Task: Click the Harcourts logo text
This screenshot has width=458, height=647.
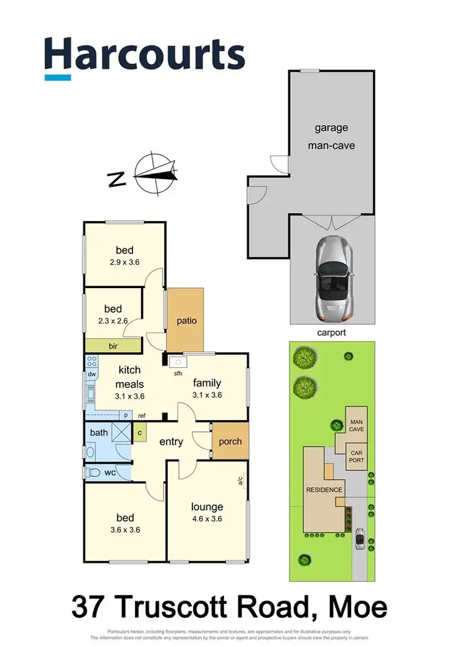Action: click(x=145, y=55)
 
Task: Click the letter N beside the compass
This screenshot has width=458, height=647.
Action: click(x=117, y=179)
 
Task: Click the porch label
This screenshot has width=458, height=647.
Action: click(x=230, y=441)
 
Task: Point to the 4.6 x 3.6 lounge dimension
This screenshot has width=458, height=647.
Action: click(x=207, y=519)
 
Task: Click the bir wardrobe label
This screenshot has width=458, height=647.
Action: click(x=113, y=346)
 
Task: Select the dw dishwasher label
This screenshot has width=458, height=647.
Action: click(x=92, y=374)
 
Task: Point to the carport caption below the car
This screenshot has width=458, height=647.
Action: click(x=332, y=333)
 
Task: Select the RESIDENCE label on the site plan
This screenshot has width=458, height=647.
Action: click(x=324, y=490)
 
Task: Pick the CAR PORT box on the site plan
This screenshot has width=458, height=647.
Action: click(x=356, y=456)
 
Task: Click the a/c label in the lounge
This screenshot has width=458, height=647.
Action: click(x=241, y=482)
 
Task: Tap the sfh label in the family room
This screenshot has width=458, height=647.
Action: click(x=178, y=373)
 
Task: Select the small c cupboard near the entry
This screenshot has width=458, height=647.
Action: click(x=140, y=433)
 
